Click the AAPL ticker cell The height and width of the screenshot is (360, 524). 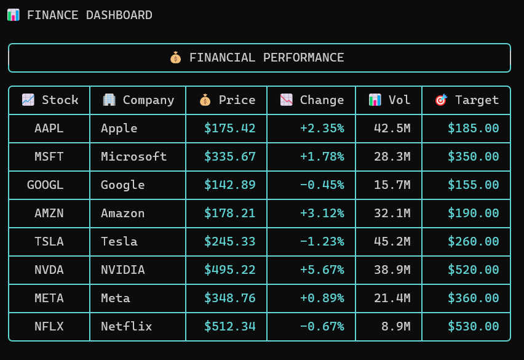click(x=49, y=129)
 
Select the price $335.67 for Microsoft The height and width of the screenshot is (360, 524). click(x=229, y=157)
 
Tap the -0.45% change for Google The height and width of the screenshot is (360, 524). click(x=322, y=185)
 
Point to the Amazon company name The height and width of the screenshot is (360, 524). click(x=123, y=214)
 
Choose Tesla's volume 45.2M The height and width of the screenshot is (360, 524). click(x=392, y=242)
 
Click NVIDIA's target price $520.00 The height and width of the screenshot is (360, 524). click(x=473, y=270)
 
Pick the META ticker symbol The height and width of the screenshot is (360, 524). click(x=49, y=298)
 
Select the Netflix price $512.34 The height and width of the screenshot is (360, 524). click(x=229, y=327)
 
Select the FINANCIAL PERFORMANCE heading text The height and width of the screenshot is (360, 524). click(x=266, y=58)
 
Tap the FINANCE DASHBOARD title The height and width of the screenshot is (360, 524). click(x=89, y=15)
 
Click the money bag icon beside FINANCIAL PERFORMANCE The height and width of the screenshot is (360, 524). click(x=176, y=58)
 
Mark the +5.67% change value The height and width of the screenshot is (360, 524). click(x=322, y=270)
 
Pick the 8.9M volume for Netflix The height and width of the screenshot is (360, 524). click(x=395, y=327)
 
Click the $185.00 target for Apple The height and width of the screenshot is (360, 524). click(x=473, y=129)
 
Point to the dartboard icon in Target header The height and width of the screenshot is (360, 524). click(x=440, y=100)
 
